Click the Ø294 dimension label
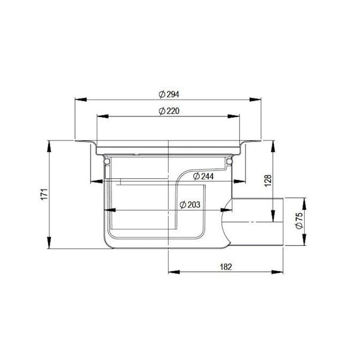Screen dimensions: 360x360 [169, 94]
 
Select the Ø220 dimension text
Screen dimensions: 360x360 [169, 111]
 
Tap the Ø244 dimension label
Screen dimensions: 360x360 [203, 176]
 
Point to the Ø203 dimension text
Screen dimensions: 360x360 [190, 205]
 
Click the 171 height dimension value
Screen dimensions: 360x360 [44, 194]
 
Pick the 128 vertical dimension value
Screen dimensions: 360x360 [268, 181]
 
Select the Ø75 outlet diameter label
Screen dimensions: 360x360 [299, 221]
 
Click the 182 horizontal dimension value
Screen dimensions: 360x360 [226, 267]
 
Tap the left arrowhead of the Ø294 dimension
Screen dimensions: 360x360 [81, 100]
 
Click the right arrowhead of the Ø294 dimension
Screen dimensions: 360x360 [256, 100]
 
